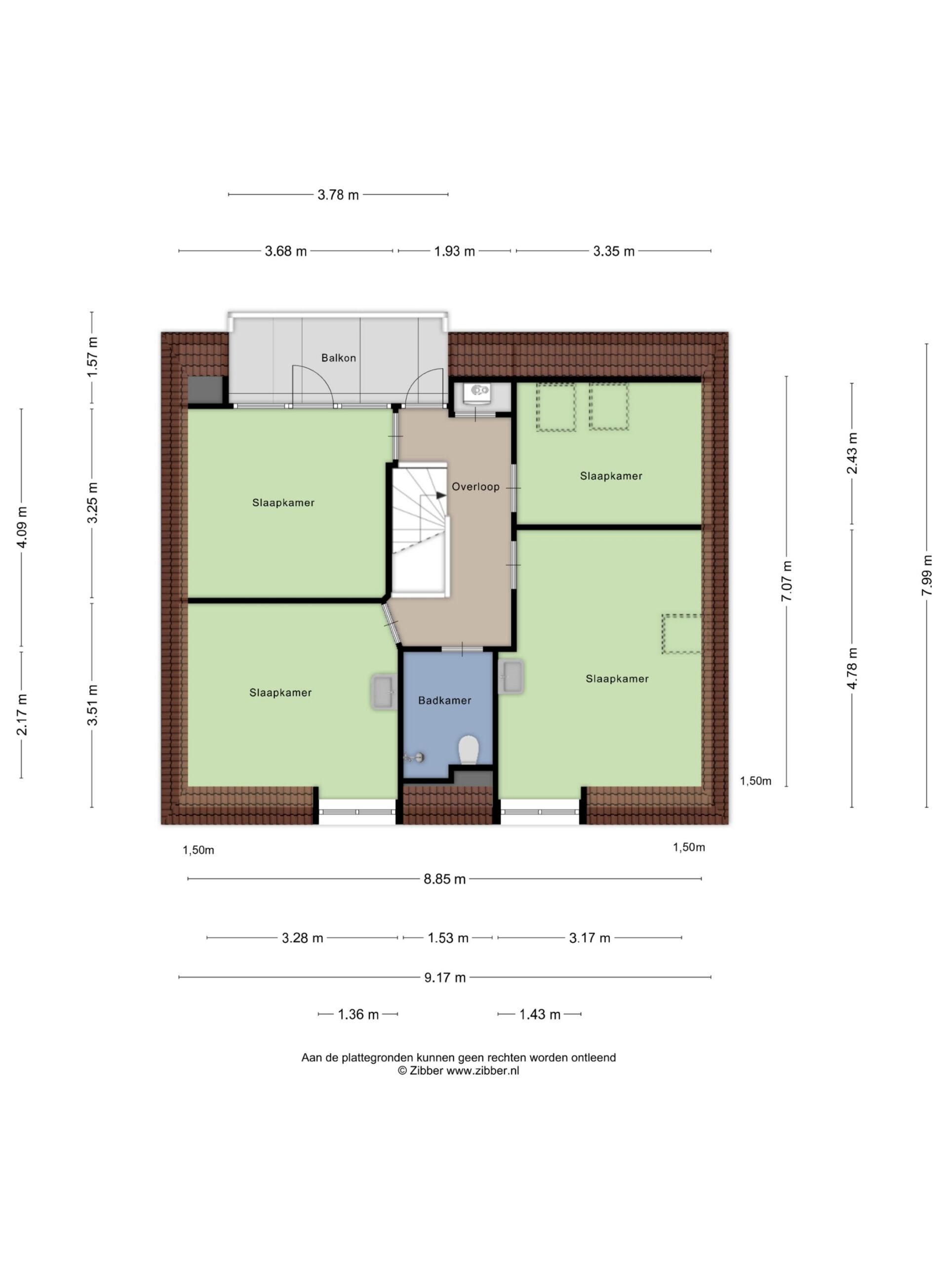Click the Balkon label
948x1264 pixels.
338,357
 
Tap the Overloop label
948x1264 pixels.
475,486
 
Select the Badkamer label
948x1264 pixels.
444,700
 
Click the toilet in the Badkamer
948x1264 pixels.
469,750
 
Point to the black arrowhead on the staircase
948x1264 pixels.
441,495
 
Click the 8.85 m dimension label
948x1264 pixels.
444,879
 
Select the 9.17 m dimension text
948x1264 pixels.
444,977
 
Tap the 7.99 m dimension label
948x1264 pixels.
926,575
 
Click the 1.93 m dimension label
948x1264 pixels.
454,251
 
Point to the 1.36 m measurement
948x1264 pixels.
358,1014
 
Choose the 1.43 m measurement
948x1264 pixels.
540,1014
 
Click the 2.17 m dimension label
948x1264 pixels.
21,714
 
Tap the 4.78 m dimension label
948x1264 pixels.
852,668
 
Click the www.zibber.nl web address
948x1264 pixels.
482,1071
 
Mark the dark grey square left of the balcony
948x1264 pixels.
205,390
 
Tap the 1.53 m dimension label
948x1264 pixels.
448,938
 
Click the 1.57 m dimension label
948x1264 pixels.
92,356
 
